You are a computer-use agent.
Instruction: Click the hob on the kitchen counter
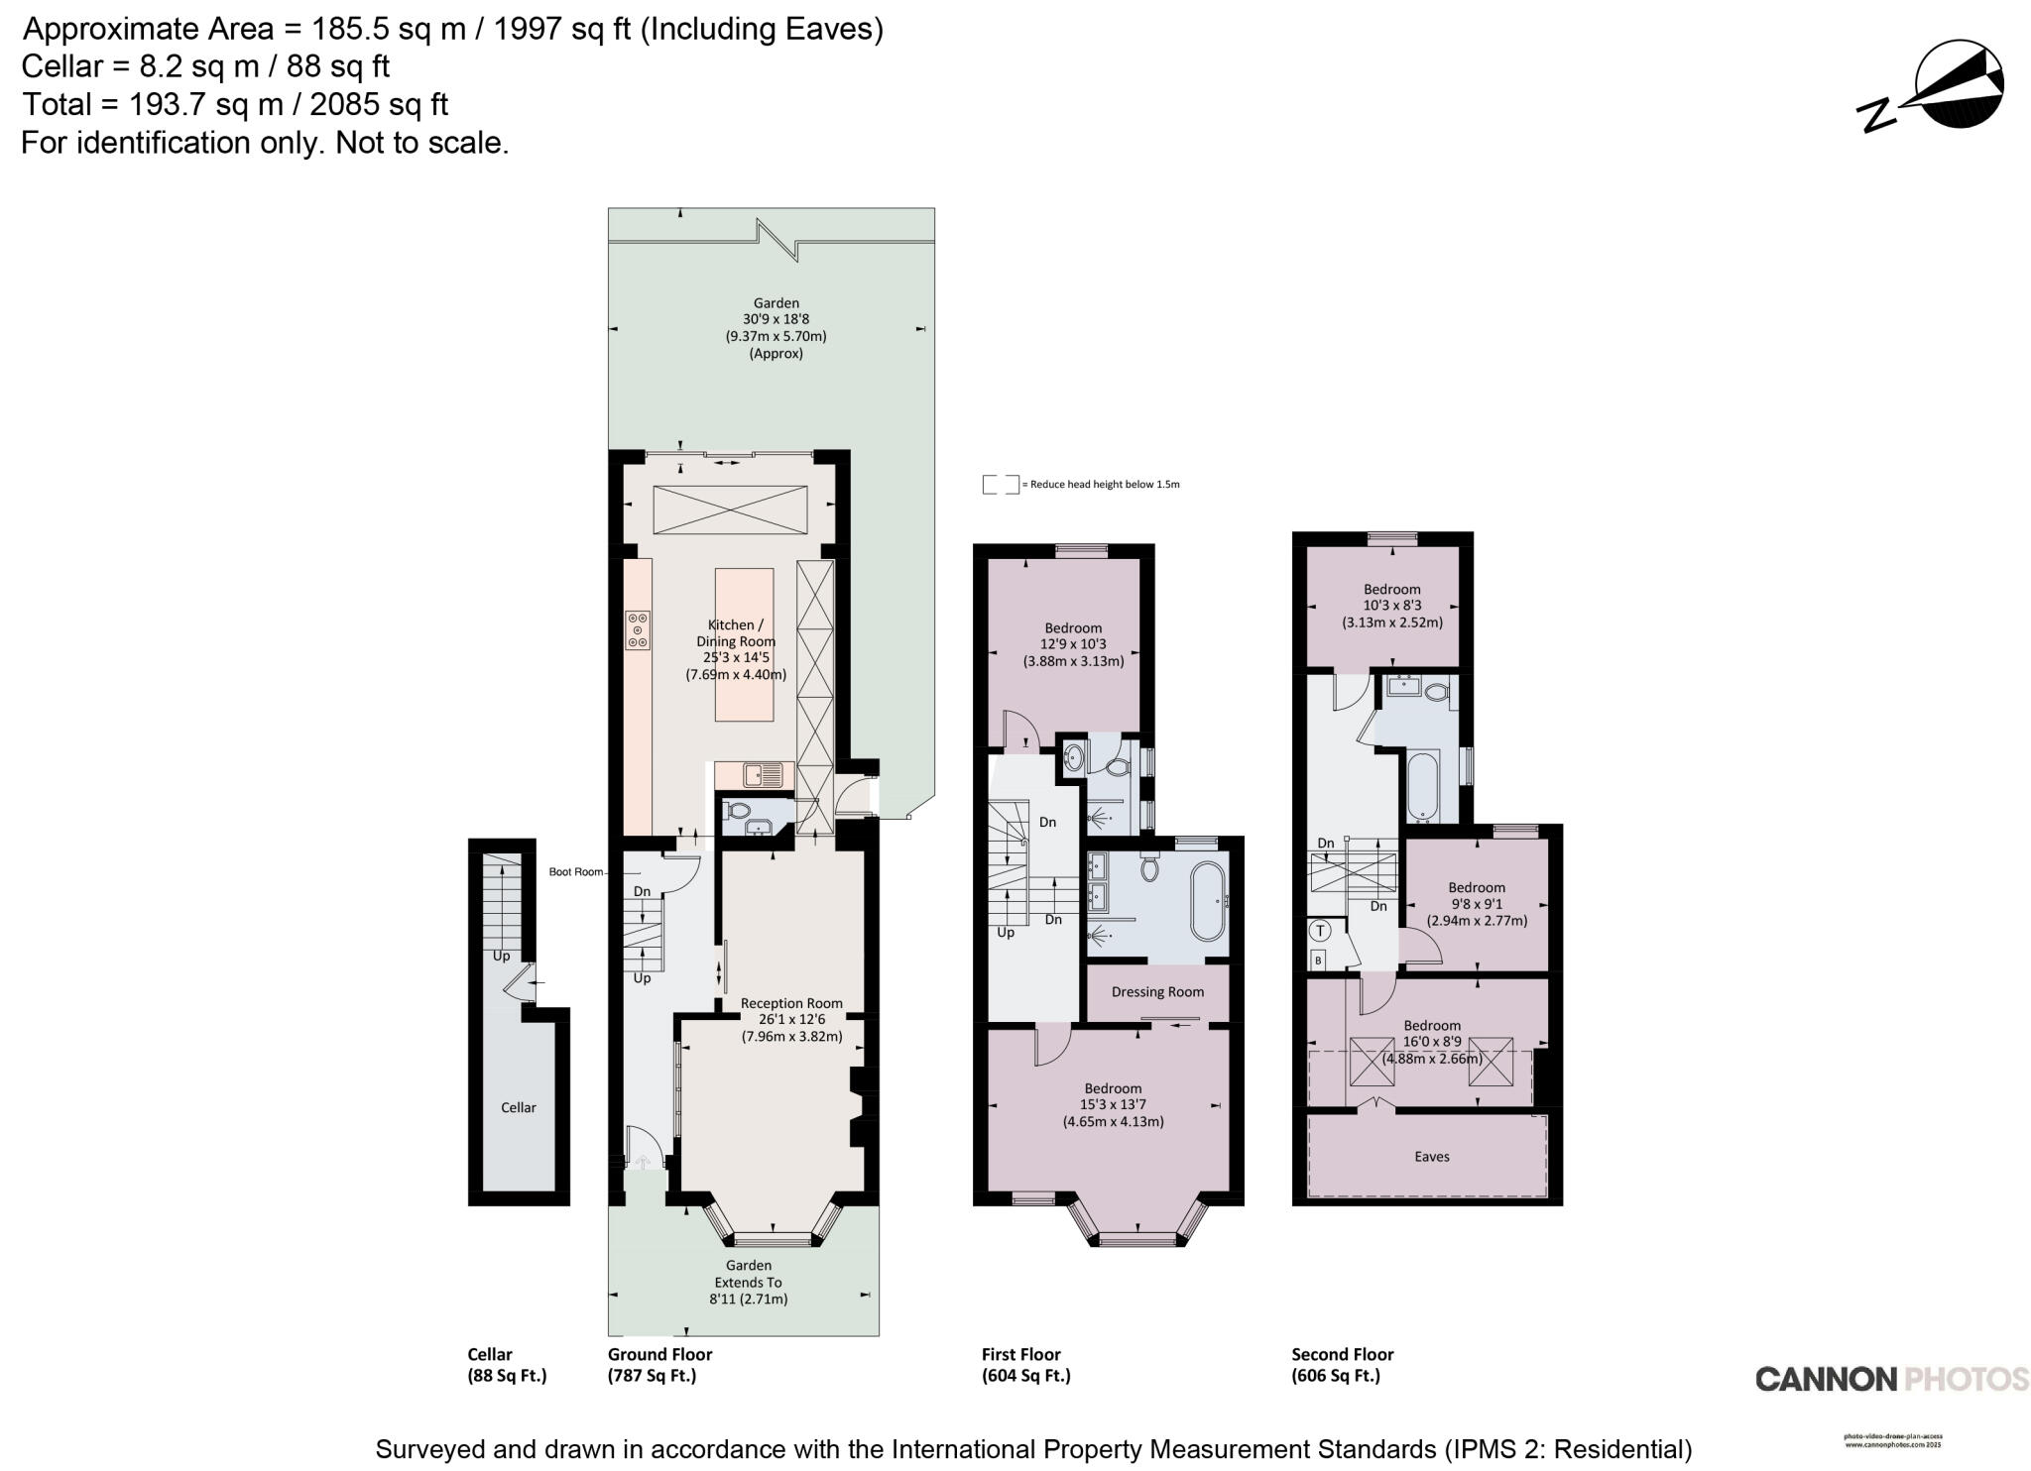(638, 629)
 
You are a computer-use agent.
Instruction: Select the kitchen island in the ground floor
(744, 644)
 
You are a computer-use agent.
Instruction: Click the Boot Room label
(576, 872)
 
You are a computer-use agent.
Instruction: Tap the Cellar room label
(518, 1107)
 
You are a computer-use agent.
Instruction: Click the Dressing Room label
(1157, 991)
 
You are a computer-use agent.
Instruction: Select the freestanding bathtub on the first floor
(1207, 901)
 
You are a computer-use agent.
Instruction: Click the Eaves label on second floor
(1431, 1156)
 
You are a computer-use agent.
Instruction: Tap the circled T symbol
(1321, 931)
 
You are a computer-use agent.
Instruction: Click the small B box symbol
(1318, 960)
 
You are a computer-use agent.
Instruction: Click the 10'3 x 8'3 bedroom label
(1391, 605)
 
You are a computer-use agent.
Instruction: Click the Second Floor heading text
(1342, 1354)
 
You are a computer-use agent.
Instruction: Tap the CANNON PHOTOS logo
(1891, 1379)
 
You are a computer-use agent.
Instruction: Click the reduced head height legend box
(1000, 485)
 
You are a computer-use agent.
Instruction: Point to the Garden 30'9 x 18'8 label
(776, 327)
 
